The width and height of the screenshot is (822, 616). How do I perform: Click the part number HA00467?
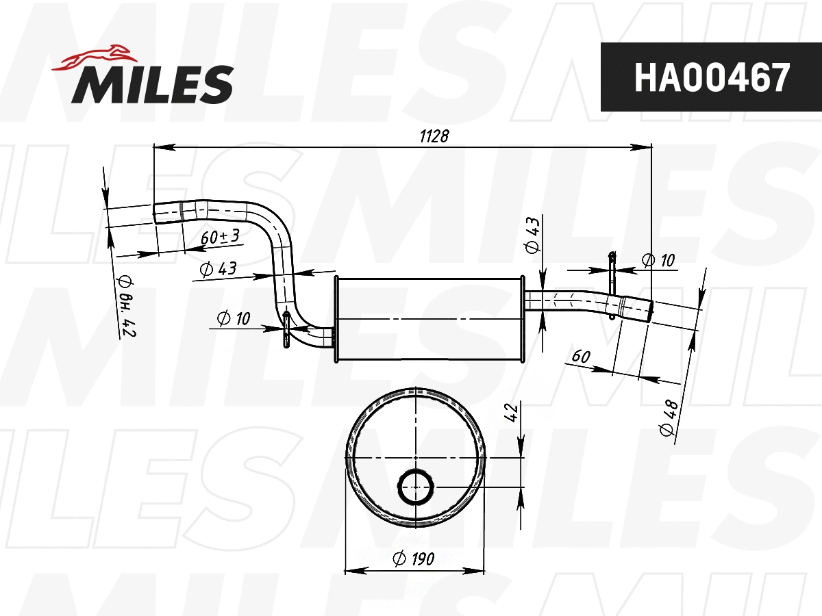tap(712, 77)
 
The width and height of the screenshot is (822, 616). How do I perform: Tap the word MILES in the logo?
tap(153, 84)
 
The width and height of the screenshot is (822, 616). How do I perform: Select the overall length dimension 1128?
tap(434, 136)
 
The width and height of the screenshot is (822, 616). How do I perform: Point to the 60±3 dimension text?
tap(220, 238)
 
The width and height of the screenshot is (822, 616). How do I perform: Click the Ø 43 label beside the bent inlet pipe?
tap(218, 269)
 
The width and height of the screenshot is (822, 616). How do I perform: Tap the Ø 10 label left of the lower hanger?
tap(234, 318)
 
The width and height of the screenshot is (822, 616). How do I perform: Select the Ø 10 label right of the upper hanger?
tap(658, 260)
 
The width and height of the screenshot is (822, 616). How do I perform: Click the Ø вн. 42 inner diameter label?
tap(125, 307)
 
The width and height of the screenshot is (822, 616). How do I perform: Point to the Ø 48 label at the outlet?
tap(669, 418)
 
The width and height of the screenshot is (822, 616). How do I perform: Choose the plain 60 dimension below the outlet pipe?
tap(580, 356)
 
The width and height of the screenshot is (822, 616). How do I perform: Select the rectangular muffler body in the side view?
tap(429, 320)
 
